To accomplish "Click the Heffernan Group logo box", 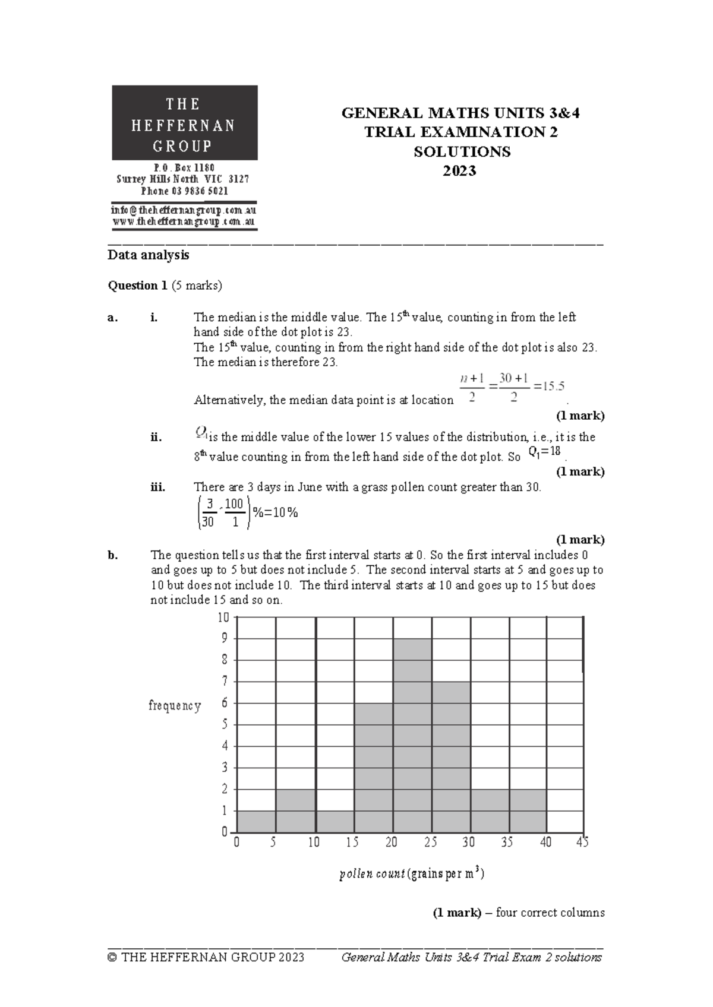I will point(185,123).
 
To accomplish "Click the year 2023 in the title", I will point(460,171).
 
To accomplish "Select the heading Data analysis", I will point(148,255).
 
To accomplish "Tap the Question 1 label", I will point(137,286).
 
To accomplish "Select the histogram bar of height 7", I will point(451,756).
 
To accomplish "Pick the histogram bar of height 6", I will point(374,767).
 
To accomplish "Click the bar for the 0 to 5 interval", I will point(257,821).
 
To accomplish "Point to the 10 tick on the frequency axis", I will point(223,617).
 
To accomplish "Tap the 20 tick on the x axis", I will point(391,842).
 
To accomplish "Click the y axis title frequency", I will point(175,705).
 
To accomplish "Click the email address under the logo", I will point(184,210).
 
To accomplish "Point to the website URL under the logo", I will point(184,221).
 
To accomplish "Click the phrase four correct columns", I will point(550,913).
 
